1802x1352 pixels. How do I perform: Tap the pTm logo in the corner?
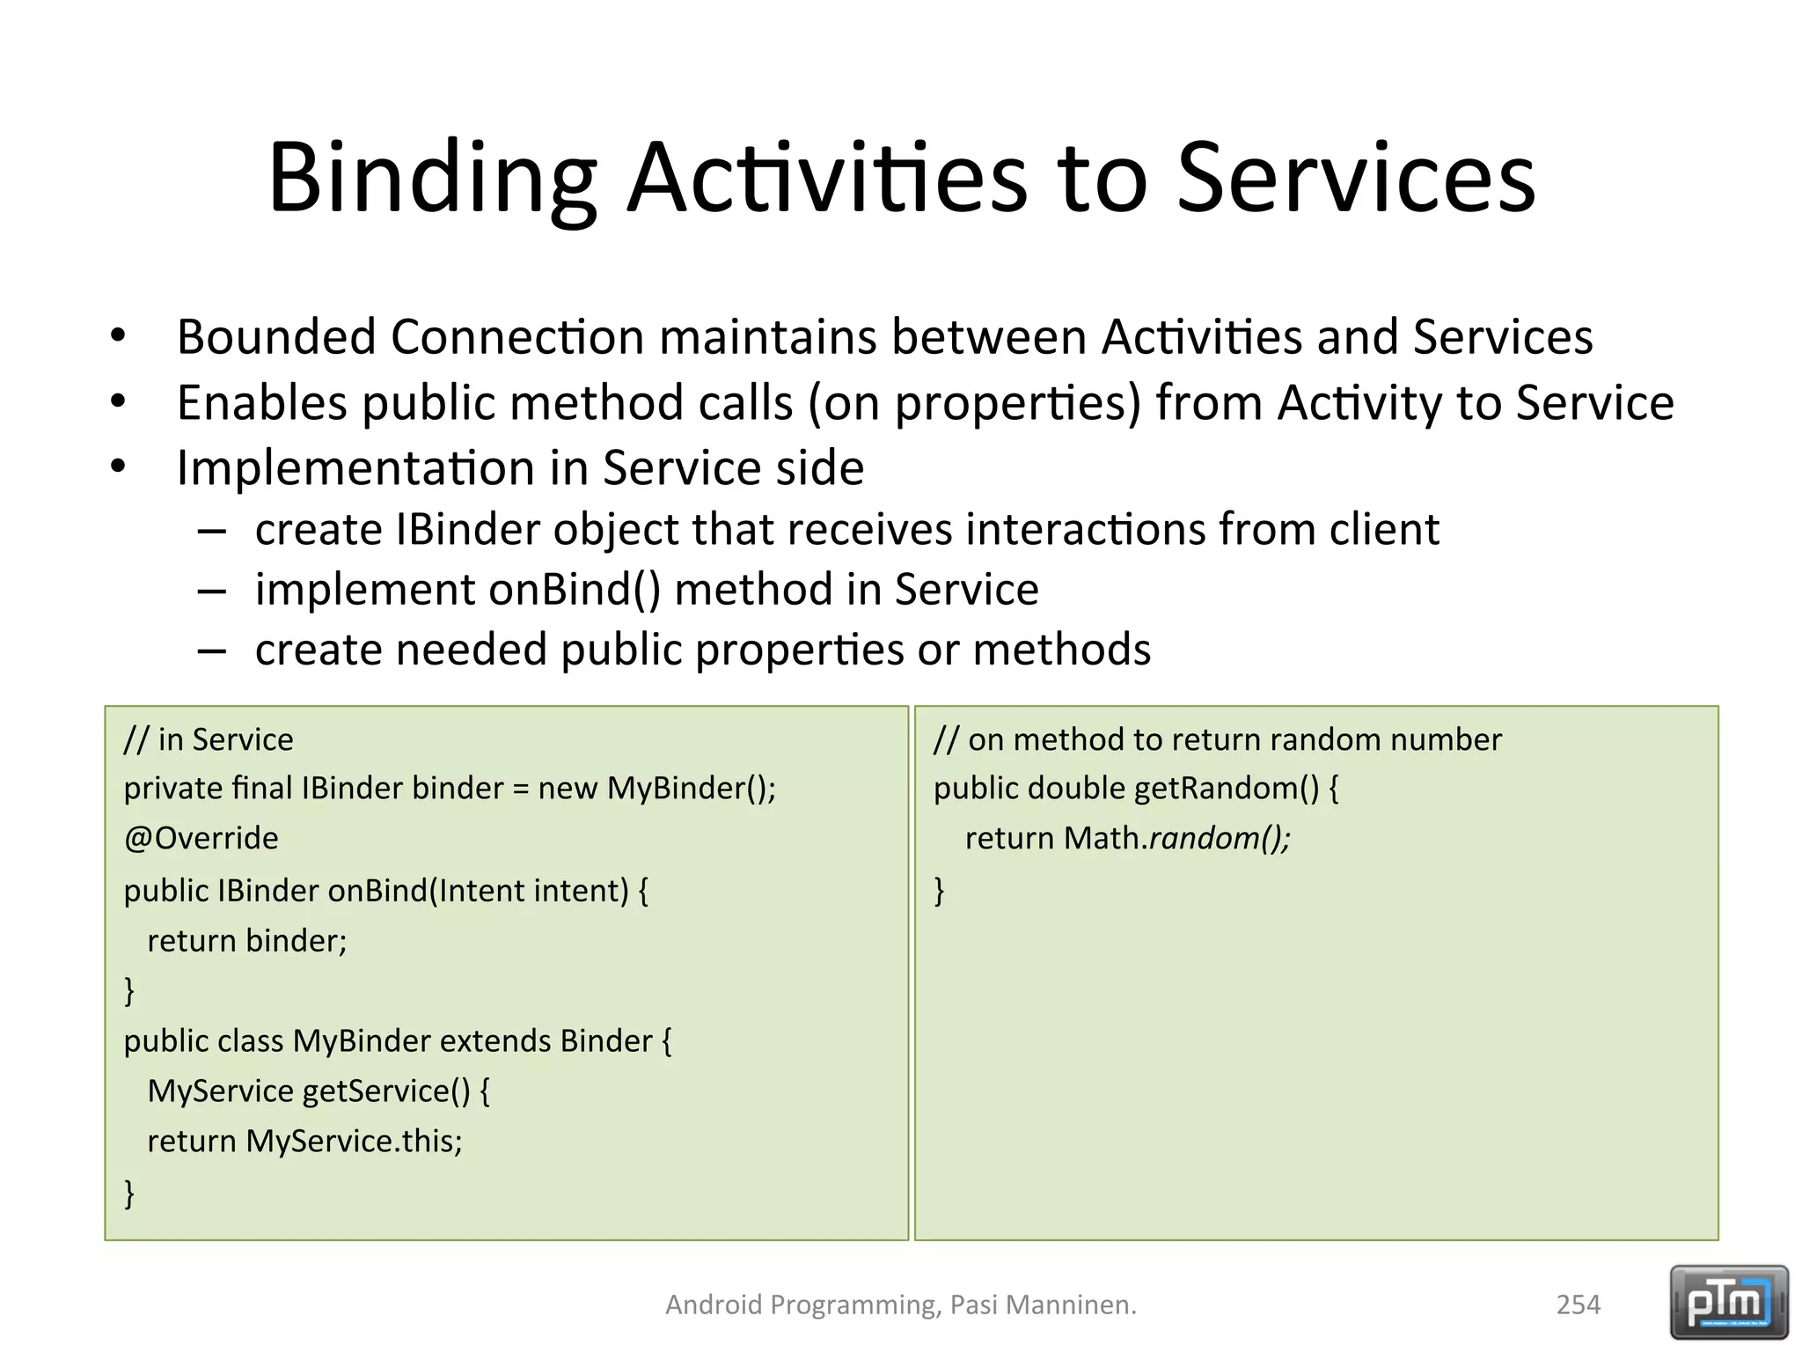1728,1302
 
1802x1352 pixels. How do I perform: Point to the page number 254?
1578,1304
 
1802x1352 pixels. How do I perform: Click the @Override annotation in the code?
201,838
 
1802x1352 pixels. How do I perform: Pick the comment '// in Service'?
209,739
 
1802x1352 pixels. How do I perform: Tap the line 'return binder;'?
246,941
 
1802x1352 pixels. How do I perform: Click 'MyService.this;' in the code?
354,1141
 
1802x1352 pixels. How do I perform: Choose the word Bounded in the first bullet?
276,337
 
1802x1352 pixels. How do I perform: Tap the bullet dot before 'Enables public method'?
118,403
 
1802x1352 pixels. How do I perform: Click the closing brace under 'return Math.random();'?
939,890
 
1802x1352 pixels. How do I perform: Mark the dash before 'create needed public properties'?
212,650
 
